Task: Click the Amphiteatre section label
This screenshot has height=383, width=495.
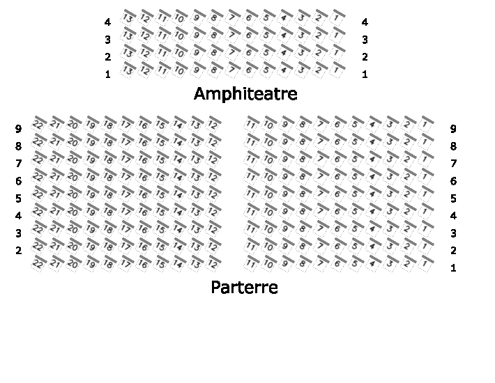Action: [245, 93]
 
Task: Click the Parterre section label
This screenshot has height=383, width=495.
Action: [244, 287]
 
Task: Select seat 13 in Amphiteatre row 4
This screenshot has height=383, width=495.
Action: [128, 17]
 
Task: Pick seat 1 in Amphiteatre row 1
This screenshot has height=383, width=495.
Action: [337, 69]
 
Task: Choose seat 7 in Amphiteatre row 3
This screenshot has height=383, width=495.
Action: [232, 34]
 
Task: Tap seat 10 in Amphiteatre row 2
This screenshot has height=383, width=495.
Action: [180, 52]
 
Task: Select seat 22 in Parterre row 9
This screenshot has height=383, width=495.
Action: [39, 123]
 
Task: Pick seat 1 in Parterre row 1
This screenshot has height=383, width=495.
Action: [425, 263]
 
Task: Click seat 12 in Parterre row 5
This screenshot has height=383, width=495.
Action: [213, 193]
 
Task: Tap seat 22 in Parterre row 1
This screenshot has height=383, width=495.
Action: [39, 263]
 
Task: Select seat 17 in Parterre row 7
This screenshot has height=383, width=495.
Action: [126, 158]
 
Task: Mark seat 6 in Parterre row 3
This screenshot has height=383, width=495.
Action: [337, 228]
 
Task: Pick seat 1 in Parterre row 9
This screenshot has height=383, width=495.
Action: [425, 123]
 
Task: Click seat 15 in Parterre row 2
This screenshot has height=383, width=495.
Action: [161, 245]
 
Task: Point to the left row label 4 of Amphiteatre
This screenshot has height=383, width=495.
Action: [107, 22]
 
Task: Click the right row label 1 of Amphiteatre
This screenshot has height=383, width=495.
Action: [365, 75]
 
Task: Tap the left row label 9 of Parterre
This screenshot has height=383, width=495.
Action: [19, 129]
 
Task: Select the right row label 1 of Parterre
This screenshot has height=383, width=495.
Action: [453, 268]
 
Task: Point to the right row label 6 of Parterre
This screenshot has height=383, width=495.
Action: [453, 181]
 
